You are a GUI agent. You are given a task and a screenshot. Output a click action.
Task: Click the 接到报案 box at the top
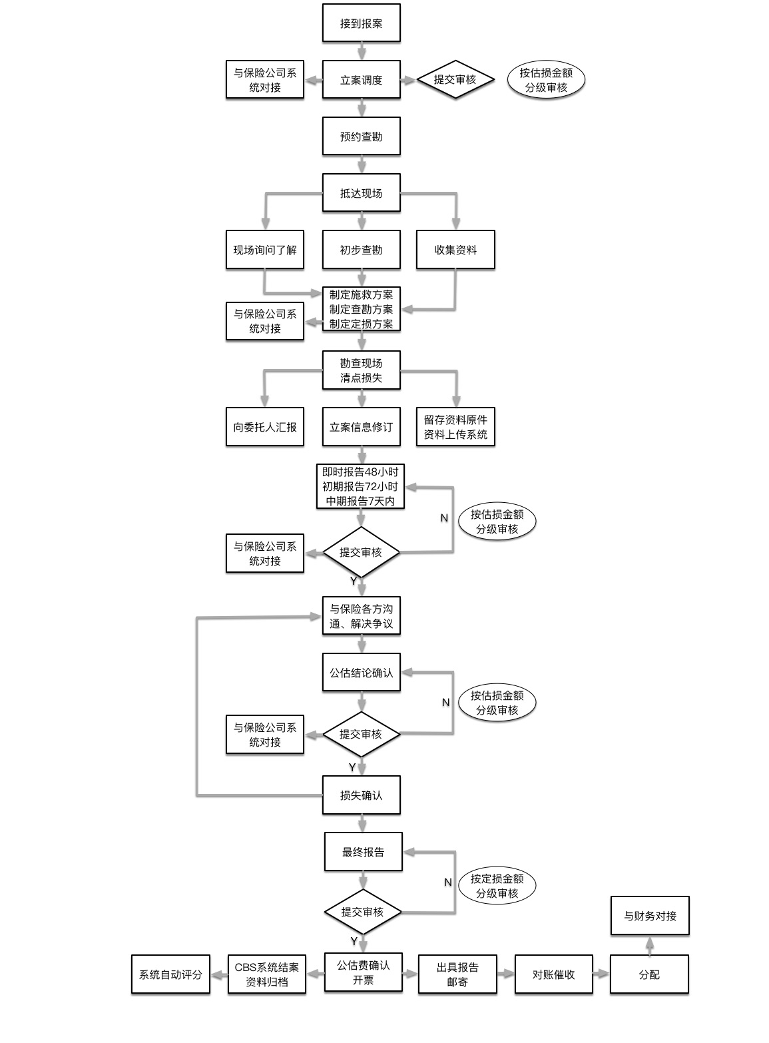[x=361, y=23]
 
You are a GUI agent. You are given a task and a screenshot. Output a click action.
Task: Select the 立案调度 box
[x=361, y=80]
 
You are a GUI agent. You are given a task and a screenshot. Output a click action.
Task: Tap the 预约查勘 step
[x=361, y=137]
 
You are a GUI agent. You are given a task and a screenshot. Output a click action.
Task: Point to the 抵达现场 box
[x=361, y=193]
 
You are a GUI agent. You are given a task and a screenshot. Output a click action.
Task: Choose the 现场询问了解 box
[x=264, y=250]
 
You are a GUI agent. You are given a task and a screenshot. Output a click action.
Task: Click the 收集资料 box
[x=455, y=250]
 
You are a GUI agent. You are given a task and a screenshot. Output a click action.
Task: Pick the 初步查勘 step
[x=361, y=250]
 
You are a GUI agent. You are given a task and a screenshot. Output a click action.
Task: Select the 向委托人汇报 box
[x=264, y=427]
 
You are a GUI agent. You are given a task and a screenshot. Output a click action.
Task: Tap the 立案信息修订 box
[x=361, y=427]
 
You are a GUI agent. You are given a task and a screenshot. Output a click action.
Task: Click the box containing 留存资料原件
[x=455, y=427]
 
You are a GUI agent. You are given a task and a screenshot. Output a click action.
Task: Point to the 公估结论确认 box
[x=361, y=673]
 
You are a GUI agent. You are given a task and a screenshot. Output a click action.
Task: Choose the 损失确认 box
[x=361, y=795]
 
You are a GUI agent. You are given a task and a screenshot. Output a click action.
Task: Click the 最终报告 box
[x=363, y=852]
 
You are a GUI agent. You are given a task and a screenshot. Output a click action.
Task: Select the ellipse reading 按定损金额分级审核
[x=497, y=886]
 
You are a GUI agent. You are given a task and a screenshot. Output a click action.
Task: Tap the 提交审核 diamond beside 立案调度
[x=455, y=80]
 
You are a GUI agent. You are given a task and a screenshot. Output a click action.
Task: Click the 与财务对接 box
[x=650, y=916]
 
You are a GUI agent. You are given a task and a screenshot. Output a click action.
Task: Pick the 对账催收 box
[x=553, y=974]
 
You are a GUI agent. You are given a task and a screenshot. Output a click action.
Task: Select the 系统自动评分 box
[x=170, y=974]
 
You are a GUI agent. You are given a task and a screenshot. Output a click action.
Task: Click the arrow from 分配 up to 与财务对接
[x=650, y=945]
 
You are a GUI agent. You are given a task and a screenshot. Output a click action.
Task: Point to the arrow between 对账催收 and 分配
[x=601, y=974]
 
